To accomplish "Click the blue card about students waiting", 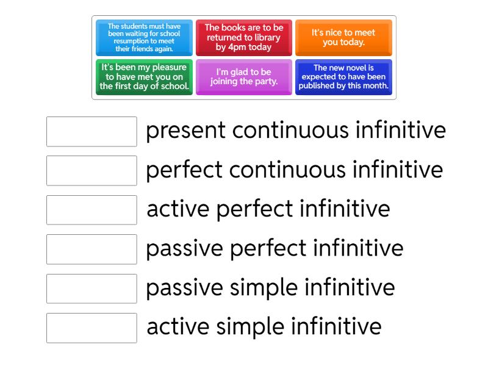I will [144, 38].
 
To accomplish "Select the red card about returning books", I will [243, 38].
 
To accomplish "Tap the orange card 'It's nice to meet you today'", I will [343, 38].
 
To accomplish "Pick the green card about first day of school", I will [144, 77].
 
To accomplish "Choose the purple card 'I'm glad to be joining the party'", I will [243, 77].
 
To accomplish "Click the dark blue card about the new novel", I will [343, 77].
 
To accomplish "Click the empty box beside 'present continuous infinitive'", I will [91, 132].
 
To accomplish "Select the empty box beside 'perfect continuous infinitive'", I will [91, 171].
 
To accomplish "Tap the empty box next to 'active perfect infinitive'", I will [91, 210].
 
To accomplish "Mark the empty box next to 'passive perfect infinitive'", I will [91, 249].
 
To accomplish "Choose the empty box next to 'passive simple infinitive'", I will [91, 288].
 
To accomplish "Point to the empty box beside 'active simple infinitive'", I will [91, 328].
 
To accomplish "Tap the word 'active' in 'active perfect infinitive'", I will [178, 210].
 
